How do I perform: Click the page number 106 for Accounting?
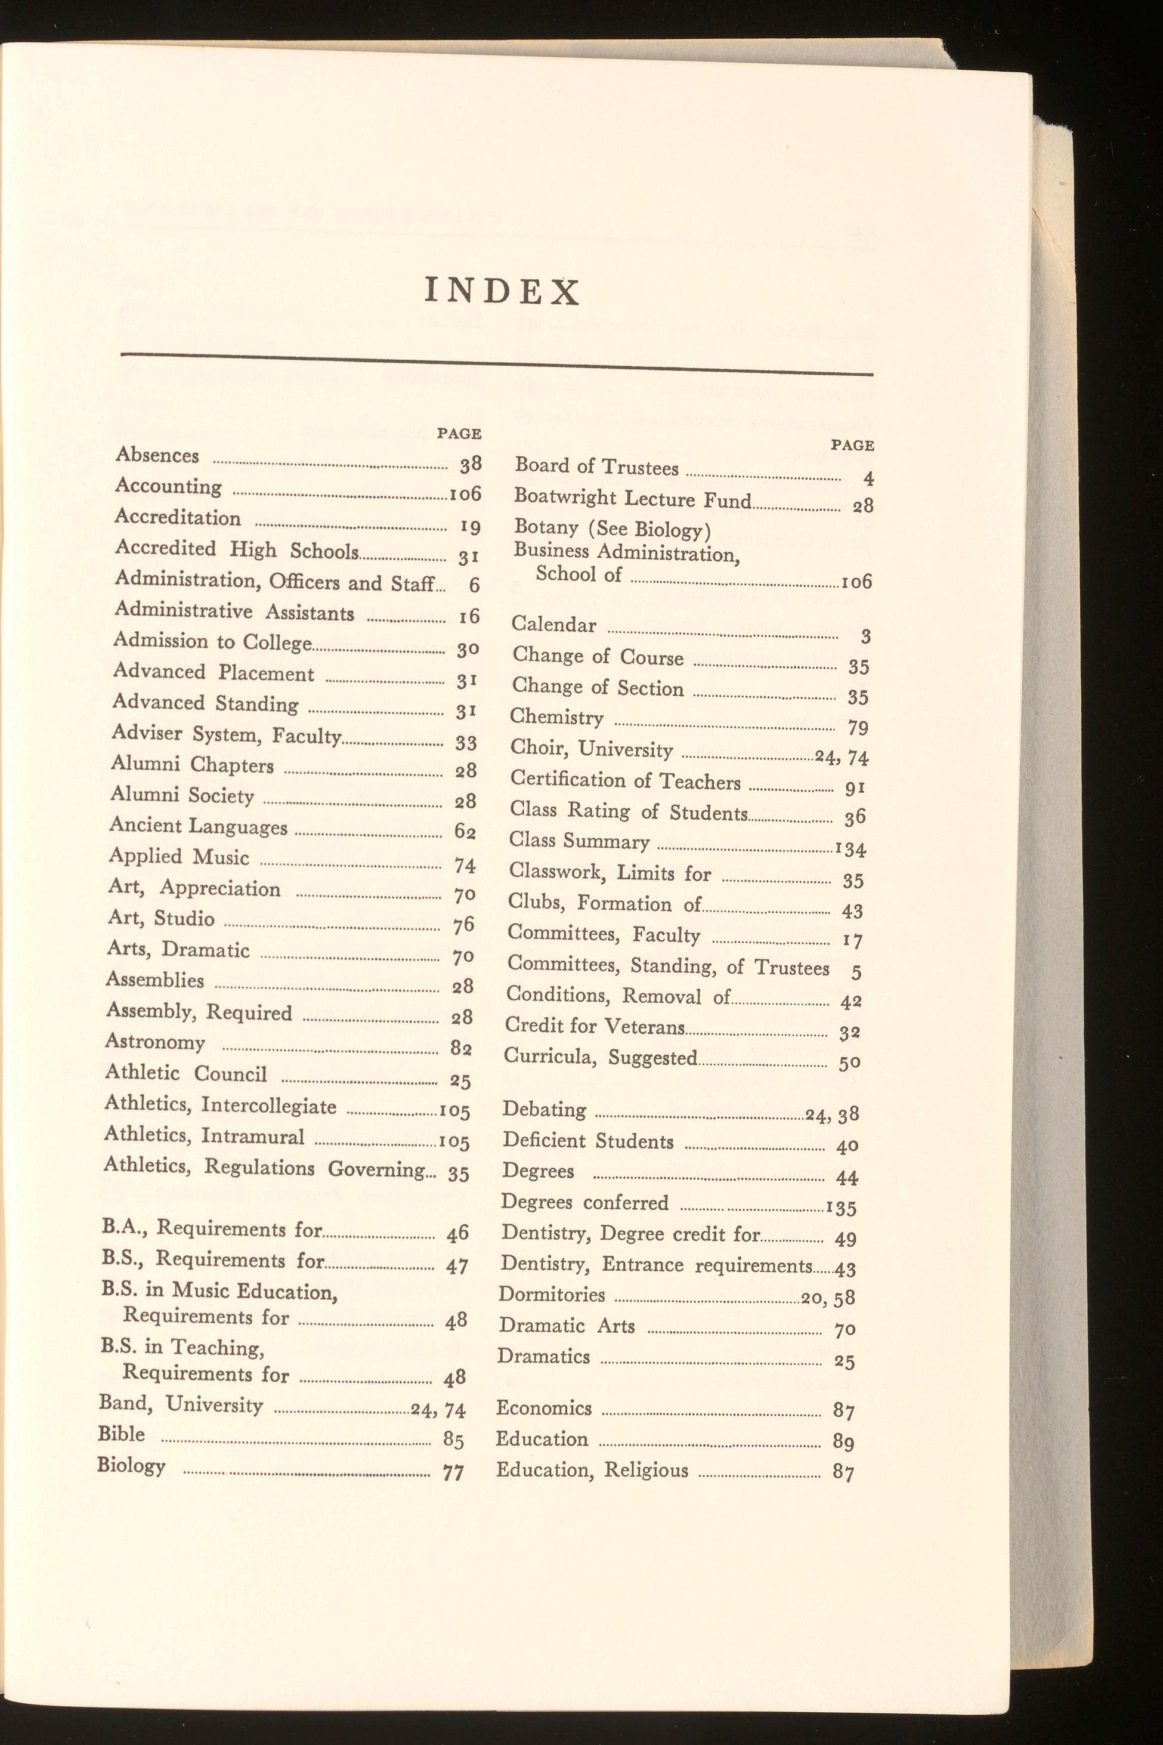point(466,493)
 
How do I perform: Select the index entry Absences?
point(157,455)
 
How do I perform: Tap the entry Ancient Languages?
point(198,826)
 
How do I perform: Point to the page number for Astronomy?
point(460,1047)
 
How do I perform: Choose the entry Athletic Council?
point(185,1073)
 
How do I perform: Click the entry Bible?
point(121,1434)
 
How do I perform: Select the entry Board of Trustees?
point(596,467)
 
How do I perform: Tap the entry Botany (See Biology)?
point(612,528)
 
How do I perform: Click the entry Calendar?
point(553,624)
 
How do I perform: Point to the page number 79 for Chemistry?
point(858,728)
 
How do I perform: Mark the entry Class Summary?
point(579,841)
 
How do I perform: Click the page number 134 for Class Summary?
point(850,849)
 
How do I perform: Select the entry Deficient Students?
point(587,1140)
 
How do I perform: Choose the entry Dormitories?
point(551,1295)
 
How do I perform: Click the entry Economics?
point(544,1408)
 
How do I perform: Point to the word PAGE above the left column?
point(459,433)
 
